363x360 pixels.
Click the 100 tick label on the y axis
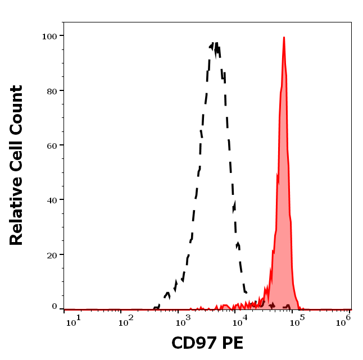49,36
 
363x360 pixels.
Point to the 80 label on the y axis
52,90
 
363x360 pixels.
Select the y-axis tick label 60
52,145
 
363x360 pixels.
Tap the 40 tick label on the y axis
52,200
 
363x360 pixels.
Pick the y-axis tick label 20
52,255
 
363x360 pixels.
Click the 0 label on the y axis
55,307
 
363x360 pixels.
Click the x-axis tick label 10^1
74,320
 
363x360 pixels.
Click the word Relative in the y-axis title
16,212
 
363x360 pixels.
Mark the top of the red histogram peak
284,38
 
